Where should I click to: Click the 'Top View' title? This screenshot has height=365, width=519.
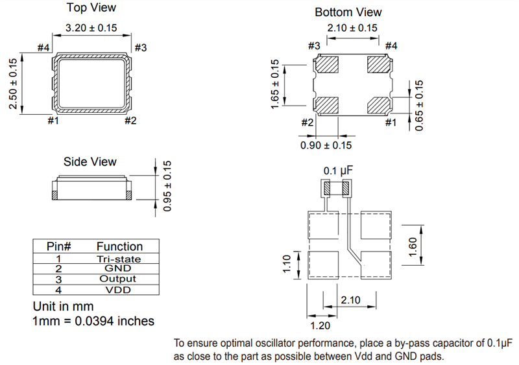pyautogui.click(x=91, y=8)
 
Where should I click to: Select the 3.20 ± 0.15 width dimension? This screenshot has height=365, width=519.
pyautogui.click(x=91, y=28)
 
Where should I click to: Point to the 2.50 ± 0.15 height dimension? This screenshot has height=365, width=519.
pyautogui.click(x=13, y=84)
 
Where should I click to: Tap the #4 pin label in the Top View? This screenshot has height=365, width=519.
pyautogui.click(x=43, y=48)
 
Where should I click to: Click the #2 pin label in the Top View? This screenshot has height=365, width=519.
pyautogui.click(x=130, y=121)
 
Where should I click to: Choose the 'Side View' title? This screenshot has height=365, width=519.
pyautogui.click(x=90, y=162)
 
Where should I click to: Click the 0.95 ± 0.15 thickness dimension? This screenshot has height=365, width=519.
pyautogui.click(x=167, y=186)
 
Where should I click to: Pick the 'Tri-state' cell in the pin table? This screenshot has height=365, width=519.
pyautogui.click(x=119, y=259)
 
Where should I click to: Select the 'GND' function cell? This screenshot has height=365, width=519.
pyautogui.click(x=118, y=268)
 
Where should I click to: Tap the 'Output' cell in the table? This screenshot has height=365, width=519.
pyautogui.click(x=118, y=279)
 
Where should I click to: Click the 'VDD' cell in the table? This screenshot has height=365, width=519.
pyautogui.click(x=118, y=290)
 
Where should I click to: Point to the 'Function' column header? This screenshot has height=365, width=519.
pyautogui.click(x=119, y=246)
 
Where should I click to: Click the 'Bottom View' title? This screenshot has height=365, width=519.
pyautogui.click(x=348, y=12)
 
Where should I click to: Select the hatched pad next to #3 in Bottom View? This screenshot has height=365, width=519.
pyautogui.click(x=326, y=65)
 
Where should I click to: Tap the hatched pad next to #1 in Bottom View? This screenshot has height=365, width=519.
pyautogui.click(x=379, y=105)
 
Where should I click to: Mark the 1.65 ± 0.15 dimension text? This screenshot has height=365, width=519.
pyautogui.click(x=274, y=84)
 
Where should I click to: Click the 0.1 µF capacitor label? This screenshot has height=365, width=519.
pyautogui.click(x=338, y=171)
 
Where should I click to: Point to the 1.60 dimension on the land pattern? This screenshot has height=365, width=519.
pyautogui.click(x=413, y=247)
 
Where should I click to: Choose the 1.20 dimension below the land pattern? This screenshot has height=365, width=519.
pyautogui.click(x=320, y=325)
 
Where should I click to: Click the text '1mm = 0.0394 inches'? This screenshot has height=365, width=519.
pyautogui.click(x=93, y=321)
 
